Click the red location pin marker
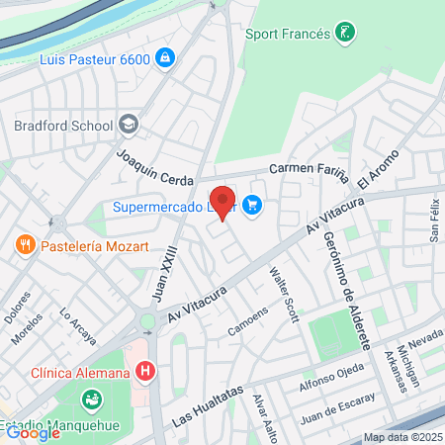223,202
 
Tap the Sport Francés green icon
344,33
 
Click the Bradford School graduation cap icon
128,125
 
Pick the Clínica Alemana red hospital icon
146,373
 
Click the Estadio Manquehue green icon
91,400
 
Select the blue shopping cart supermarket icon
252,207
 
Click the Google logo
33,432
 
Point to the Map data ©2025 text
402,436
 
